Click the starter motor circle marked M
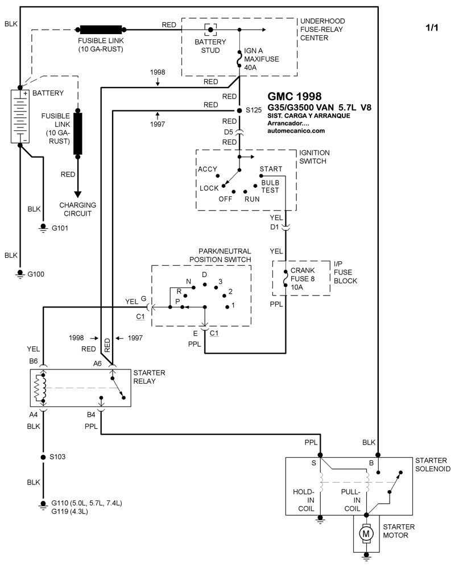tap(366, 533)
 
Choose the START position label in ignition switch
tap(270, 169)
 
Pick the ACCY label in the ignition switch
tap(208, 170)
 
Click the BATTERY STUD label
tap(210, 46)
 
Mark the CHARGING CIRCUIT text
tap(78, 209)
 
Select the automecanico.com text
tap(296, 130)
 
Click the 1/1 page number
tap(433, 27)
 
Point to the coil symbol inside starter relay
tap(39, 389)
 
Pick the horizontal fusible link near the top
tap(101, 30)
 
